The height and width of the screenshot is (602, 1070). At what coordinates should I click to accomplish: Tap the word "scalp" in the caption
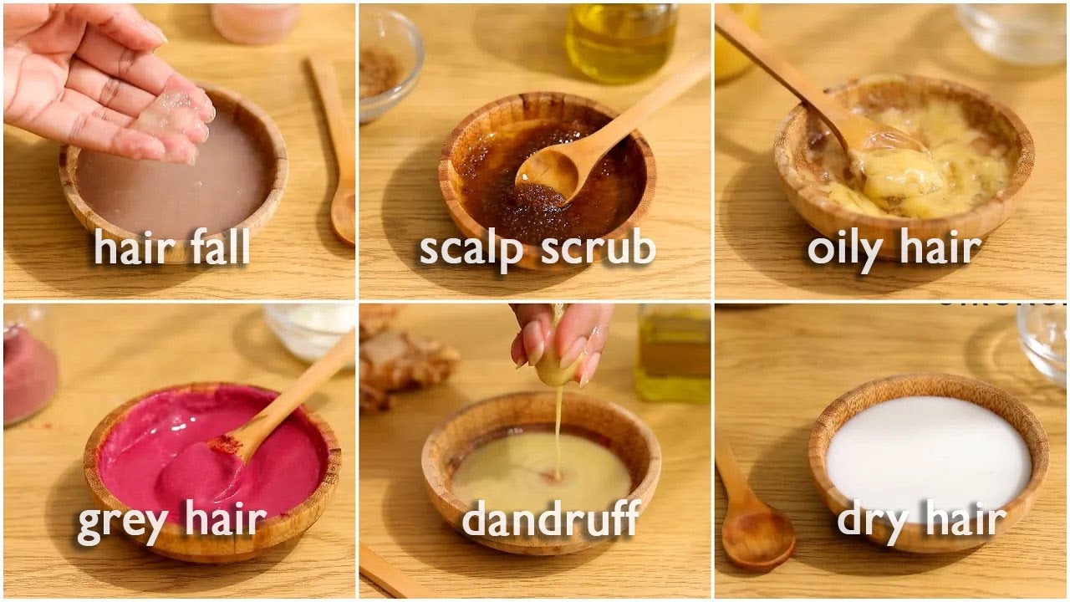(x=471, y=250)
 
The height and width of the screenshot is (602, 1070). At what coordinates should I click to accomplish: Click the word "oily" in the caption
(x=844, y=249)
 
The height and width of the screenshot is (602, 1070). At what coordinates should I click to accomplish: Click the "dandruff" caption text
(x=551, y=518)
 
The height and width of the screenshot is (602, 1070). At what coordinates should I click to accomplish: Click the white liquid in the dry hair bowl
(x=929, y=454)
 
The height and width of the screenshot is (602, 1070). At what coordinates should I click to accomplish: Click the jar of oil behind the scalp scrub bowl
(x=620, y=42)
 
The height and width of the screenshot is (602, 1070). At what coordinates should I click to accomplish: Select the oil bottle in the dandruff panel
(x=673, y=353)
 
